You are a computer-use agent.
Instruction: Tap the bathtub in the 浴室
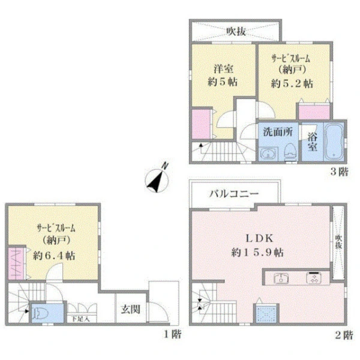tap(334, 142)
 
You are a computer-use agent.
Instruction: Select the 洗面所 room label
tap(278, 132)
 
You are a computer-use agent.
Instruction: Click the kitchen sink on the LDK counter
tap(281, 278)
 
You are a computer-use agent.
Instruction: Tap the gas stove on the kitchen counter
tap(314, 278)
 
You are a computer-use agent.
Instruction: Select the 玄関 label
tap(130, 310)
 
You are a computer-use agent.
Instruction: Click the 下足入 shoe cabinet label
tap(80, 319)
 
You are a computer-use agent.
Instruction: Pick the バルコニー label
tap(234, 194)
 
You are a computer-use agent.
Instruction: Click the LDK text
tap(260, 238)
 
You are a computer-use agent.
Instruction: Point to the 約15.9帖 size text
tap(257, 253)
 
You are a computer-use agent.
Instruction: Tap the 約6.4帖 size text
tap(54, 256)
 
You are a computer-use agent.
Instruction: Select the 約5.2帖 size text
tap(292, 83)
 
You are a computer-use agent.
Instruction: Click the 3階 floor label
tap(340, 172)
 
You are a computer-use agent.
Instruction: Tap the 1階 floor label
tap(172, 334)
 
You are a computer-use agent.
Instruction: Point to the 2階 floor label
tap(344, 335)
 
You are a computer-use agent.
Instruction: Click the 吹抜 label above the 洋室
tap(236, 31)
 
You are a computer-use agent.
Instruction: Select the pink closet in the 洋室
tap(201, 124)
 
